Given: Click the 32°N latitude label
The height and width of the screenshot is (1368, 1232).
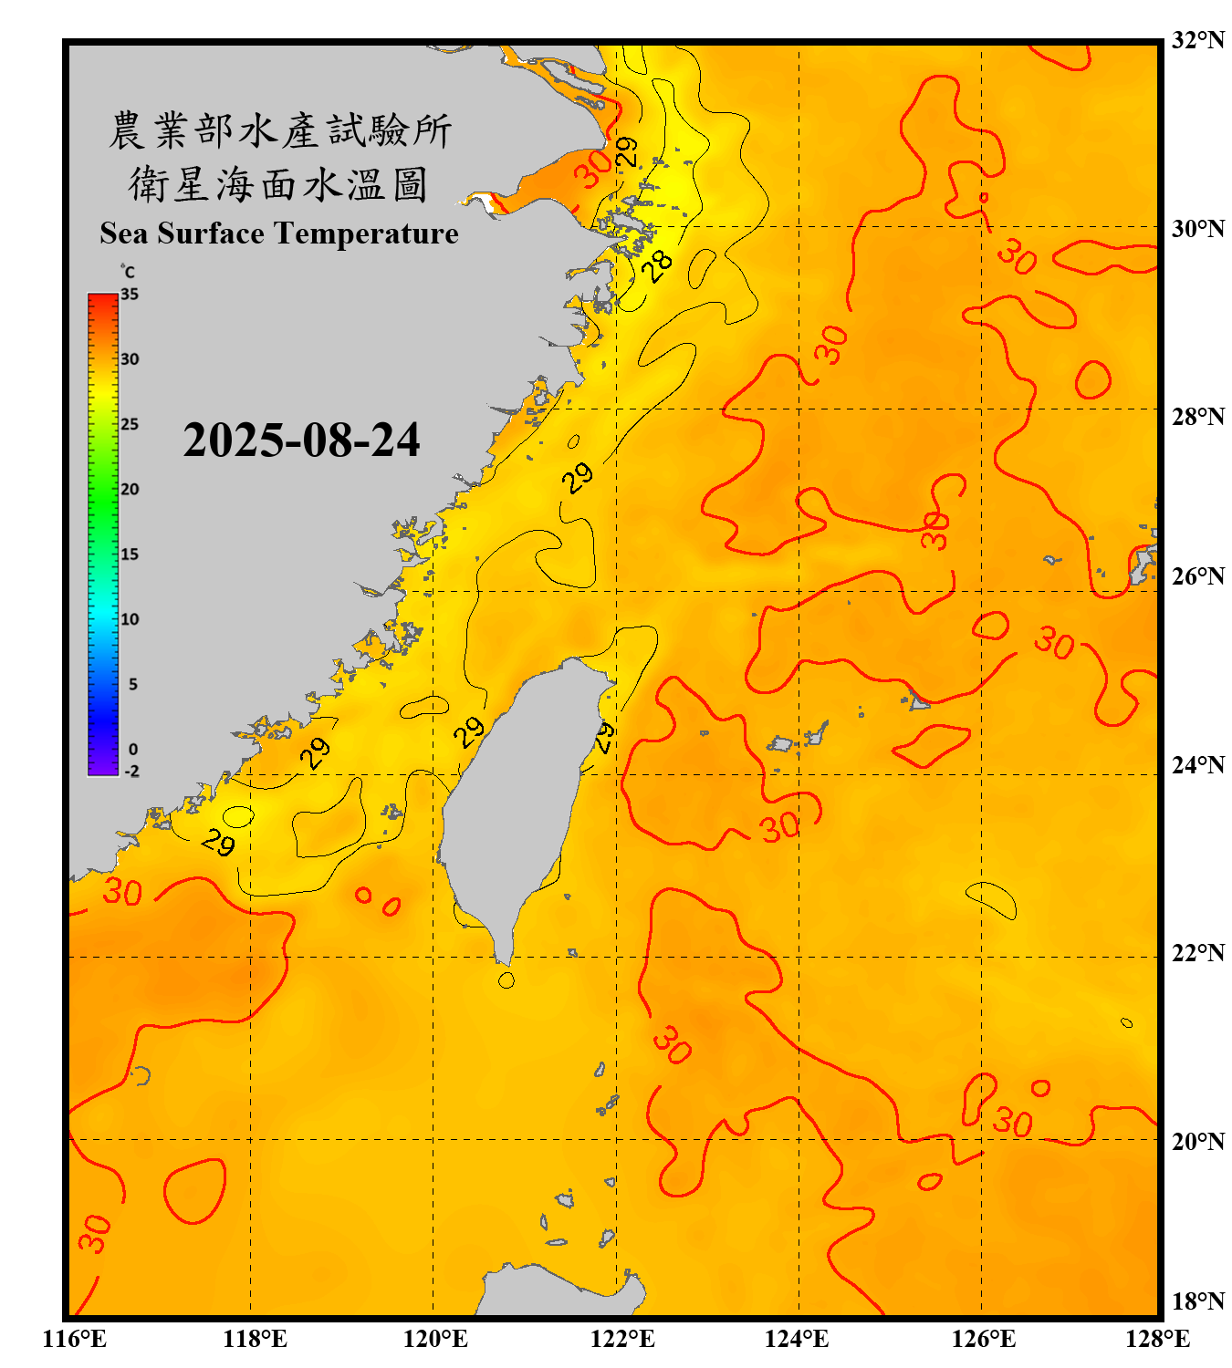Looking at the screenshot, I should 1197,40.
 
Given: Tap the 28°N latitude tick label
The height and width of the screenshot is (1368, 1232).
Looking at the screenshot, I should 1197,417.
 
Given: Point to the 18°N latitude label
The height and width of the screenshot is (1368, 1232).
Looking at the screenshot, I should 1197,1301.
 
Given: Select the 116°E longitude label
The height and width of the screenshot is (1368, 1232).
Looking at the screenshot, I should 75,1339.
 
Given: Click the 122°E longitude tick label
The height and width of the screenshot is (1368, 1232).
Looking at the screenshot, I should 622,1339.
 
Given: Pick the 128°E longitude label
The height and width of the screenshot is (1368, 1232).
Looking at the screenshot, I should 1157,1339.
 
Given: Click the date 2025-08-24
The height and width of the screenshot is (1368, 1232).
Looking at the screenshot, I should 301,440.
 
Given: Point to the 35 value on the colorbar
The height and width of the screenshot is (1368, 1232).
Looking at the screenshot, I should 130,295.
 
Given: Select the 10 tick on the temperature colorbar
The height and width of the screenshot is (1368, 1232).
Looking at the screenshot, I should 130,619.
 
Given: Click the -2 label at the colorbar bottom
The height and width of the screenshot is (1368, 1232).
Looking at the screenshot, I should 131,771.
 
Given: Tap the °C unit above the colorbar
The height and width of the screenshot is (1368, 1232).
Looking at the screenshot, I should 128,272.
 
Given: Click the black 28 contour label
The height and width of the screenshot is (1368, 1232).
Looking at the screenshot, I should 657,265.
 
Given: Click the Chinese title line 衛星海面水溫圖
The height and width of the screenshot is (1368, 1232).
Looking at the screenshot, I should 278,184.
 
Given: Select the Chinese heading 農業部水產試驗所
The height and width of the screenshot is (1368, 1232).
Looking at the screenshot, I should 279,130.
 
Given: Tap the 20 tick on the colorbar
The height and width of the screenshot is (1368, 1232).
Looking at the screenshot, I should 130,490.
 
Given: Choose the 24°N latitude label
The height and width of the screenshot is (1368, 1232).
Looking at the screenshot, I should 1197,764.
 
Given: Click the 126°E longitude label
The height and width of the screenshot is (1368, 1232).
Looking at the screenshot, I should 984,1339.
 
